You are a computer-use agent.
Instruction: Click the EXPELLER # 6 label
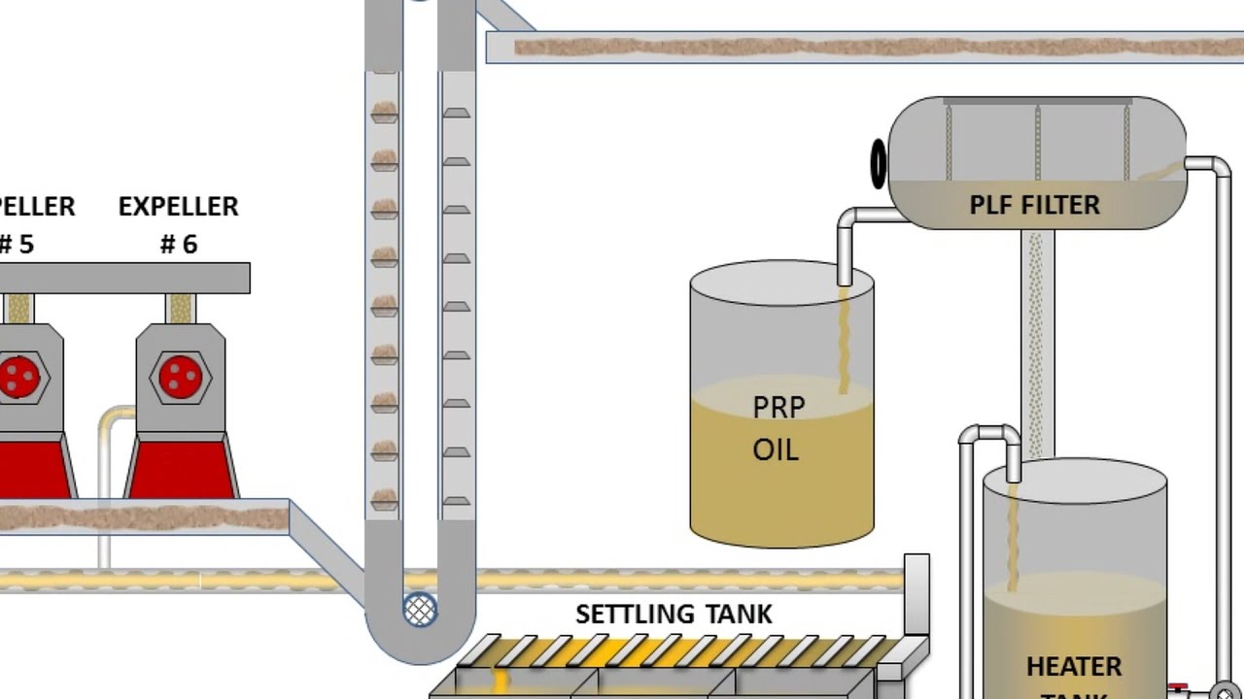179,224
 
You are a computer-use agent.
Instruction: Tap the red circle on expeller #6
179,376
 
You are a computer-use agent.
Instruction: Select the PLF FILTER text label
1034,206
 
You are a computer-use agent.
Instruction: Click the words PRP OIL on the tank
777,428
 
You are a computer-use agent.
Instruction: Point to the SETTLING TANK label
674,615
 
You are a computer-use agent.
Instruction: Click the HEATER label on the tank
1074,667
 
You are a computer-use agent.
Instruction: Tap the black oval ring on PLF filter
879,163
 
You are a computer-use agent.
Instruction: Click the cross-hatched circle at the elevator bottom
420,610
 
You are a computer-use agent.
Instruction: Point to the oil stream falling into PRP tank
844,340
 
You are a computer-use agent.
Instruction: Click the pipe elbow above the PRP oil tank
848,220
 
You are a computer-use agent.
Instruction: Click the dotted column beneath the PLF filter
1036,340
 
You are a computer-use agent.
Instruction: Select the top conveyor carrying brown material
865,47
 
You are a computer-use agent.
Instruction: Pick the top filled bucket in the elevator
385,112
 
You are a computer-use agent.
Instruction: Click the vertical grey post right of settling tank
916,592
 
